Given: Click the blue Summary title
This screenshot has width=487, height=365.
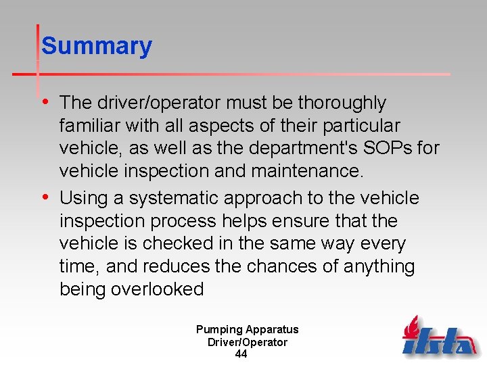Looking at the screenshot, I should click(97, 47).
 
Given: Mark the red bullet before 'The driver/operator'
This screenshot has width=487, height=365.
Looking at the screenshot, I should click(45, 102).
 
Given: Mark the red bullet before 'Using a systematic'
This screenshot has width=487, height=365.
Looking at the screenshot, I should click(45, 197).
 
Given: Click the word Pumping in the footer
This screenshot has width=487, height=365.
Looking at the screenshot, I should click(219, 330).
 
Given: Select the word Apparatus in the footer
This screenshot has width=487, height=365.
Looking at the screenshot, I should click(272, 330).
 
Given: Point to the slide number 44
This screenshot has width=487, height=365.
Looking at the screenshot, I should click(241, 354).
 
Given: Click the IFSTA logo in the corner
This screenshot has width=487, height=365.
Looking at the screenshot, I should click(439, 336).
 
